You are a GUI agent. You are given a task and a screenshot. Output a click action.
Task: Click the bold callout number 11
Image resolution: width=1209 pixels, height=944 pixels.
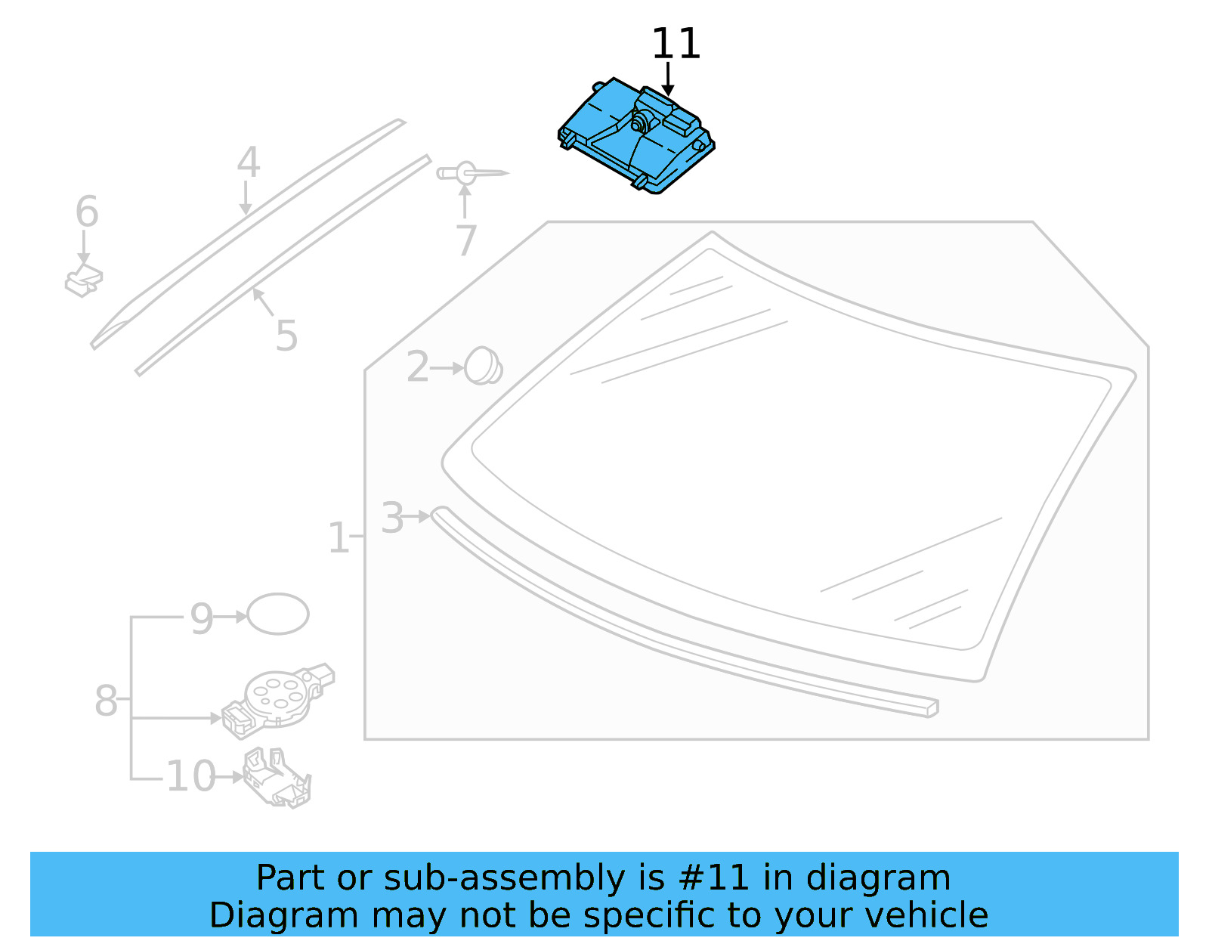click(676, 45)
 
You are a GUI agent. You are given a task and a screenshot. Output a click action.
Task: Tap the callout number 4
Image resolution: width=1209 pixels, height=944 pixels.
click(248, 162)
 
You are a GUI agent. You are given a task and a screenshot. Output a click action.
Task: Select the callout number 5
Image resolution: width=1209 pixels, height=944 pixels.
click(286, 336)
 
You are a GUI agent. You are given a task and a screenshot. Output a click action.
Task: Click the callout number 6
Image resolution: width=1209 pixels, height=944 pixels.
click(87, 212)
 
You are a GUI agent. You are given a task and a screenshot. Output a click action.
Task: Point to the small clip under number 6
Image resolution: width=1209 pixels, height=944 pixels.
click(83, 281)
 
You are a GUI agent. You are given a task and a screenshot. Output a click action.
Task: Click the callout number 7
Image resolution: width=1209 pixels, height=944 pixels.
click(466, 241)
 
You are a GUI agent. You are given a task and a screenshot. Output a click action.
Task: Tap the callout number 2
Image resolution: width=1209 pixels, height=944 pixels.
click(417, 367)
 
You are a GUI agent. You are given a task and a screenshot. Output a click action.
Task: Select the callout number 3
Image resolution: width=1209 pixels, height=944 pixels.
click(392, 518)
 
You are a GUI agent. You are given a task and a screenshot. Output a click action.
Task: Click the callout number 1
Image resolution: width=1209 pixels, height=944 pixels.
click(338, 539)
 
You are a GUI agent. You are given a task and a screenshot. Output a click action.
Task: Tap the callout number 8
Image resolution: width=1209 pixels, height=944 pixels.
click(106, 701)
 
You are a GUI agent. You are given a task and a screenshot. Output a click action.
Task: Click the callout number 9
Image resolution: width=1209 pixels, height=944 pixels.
click(202, 619)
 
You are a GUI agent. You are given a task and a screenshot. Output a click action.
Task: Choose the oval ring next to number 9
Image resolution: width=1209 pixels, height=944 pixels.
click(278, 614)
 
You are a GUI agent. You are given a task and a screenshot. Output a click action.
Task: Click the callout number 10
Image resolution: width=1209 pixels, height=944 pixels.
click(190, 776)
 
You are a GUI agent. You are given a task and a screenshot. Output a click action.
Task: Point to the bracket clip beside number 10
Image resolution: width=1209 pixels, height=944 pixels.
click(277, 778)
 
